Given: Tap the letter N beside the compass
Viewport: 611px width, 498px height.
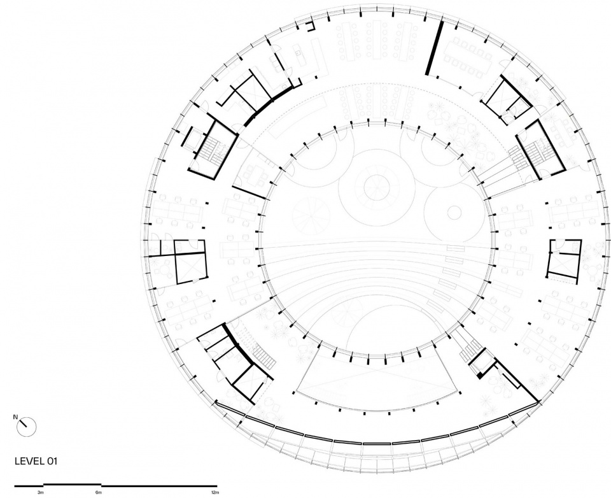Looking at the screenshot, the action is (x=15, y=417).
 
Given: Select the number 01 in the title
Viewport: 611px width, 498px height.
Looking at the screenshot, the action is (x=52, y=461).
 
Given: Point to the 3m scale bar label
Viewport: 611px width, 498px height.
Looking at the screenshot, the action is (x=41, y=493).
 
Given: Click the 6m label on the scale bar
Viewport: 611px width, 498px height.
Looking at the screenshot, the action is (x=98, y=493).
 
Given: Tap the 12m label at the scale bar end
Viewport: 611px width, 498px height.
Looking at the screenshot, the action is (x=214, y=493).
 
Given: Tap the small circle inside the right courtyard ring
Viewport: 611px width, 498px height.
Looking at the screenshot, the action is (x=454, y=213).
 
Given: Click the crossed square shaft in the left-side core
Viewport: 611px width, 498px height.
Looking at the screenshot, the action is (x=190, y=268).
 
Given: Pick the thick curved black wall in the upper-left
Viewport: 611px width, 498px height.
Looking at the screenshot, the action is (x=269, y=104).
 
